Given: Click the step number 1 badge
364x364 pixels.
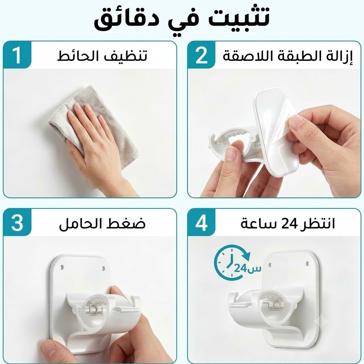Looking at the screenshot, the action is (17, 55).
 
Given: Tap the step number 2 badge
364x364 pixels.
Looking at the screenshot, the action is (201, 55).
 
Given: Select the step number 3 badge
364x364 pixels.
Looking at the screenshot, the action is (17, 223).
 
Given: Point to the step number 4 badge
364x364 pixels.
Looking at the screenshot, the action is (201, 223).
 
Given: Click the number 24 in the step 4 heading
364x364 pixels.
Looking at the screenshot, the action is (289, 224).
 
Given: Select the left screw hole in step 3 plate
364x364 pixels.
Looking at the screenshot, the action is (62, 267).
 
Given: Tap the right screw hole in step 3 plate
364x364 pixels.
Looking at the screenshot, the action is (103, 269).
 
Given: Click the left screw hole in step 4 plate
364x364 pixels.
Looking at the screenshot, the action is (269, 265).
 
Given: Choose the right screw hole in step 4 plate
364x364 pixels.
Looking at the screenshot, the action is (307, 264).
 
